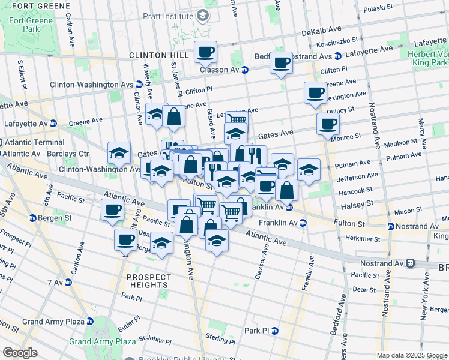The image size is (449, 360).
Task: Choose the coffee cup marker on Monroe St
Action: (x=328, y=124)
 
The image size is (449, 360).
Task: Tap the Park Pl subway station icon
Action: (x=275, y=331)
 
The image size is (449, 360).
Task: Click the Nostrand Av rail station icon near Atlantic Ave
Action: (x=410, y=263)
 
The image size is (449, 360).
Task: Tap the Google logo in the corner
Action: (x=20, y=353)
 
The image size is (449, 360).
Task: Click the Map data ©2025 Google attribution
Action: (x=412, y=355)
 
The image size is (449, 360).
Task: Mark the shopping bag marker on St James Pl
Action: (x=173, y=118)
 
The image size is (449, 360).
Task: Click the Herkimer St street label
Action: (x=363, y=238)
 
